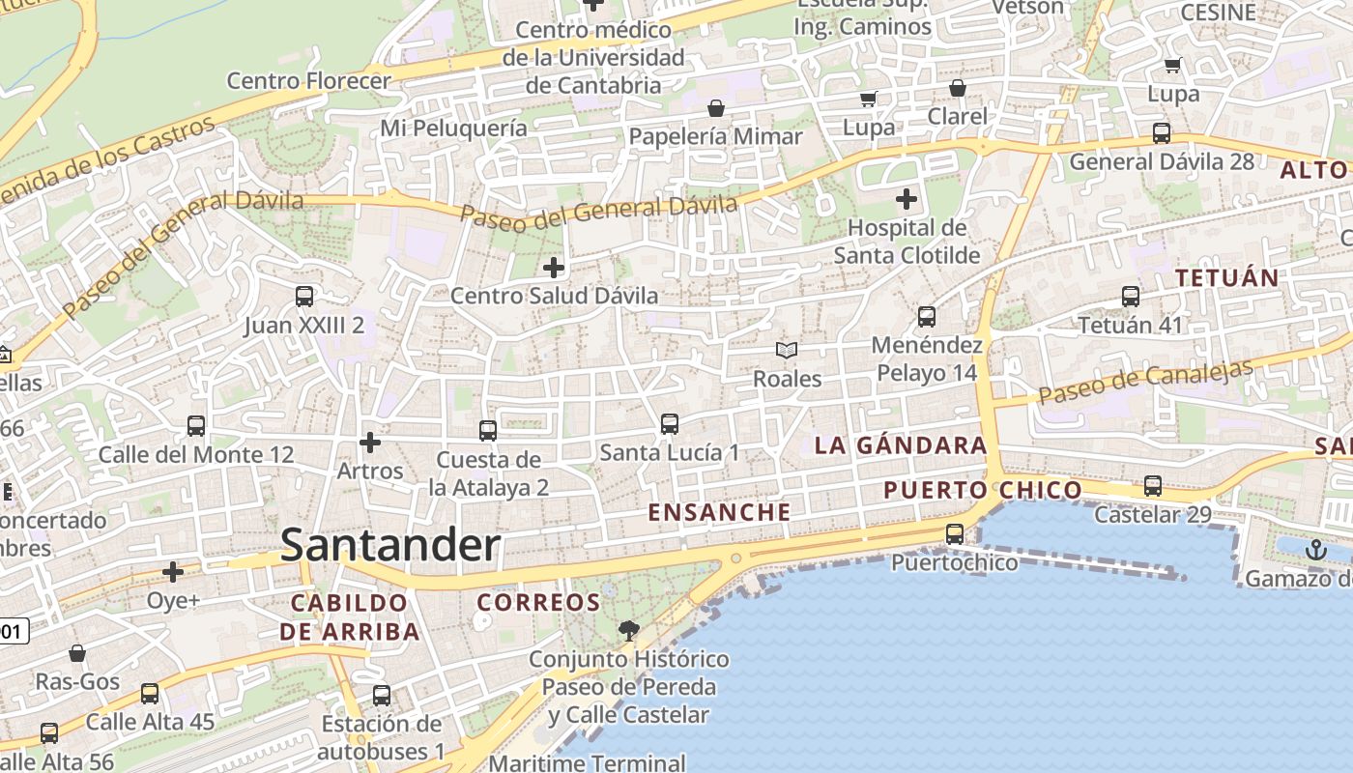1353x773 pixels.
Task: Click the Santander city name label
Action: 390,546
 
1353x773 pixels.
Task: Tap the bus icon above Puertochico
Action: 955,533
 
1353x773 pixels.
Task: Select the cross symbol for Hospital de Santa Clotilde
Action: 907,200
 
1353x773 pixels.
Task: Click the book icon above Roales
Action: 788,350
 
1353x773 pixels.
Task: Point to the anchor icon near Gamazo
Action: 1315,550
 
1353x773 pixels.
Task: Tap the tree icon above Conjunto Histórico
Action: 629,631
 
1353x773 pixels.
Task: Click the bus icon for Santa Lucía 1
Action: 669,423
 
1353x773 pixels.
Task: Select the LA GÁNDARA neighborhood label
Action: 900,445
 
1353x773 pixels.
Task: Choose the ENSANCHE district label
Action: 719,512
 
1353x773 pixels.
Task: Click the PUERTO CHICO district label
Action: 983,490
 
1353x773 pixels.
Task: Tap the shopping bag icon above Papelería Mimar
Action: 716,107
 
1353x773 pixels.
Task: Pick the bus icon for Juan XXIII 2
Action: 304,296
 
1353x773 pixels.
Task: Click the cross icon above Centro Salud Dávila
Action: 554,267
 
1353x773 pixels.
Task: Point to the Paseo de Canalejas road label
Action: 1145,383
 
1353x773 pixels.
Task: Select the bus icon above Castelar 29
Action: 1153,485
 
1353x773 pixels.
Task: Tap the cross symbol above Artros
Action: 369,443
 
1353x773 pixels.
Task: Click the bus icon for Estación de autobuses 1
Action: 382,695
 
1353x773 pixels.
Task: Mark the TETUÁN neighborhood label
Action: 1226,277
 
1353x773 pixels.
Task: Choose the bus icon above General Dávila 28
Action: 1162,132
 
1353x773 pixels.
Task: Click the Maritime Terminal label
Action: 587,762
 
